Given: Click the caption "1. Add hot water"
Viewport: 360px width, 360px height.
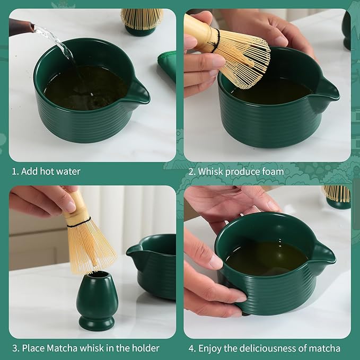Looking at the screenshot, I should coord(46,172).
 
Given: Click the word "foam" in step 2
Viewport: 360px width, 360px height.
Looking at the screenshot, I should coord(273,172).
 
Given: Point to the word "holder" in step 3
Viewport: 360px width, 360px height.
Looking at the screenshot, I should coord(146,348).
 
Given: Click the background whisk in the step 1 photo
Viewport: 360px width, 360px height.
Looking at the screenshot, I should coord(141,19).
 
